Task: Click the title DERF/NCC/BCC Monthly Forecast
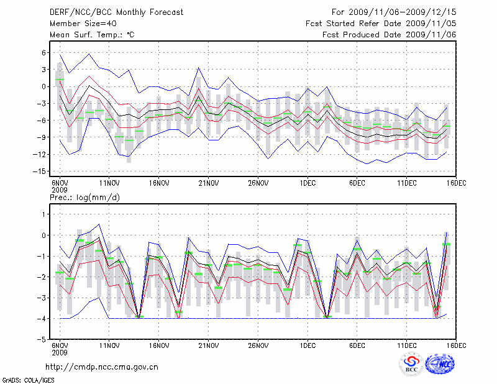tap(108, 12)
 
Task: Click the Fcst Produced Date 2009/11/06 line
tap(390, 34)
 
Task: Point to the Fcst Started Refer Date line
tap(381, 23)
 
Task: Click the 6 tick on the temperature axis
tap(45, 53)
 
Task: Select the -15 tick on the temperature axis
tap(41, 171)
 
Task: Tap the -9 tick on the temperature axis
tap(43, 137)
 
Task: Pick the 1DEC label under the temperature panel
tap(308, 183)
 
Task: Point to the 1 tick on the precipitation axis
tap(45, 214)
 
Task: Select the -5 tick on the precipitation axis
tap(43, 340)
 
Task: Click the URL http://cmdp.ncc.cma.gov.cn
tap(103, 367)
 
